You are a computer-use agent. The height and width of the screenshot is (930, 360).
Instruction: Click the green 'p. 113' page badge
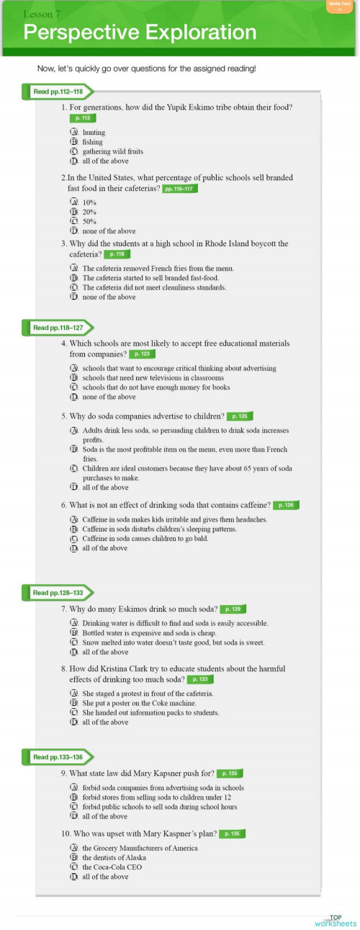[83, 118]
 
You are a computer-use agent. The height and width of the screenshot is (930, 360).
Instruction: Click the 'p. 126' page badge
[286, 505]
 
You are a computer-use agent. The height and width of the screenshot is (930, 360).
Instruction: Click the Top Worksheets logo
[335, 921]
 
